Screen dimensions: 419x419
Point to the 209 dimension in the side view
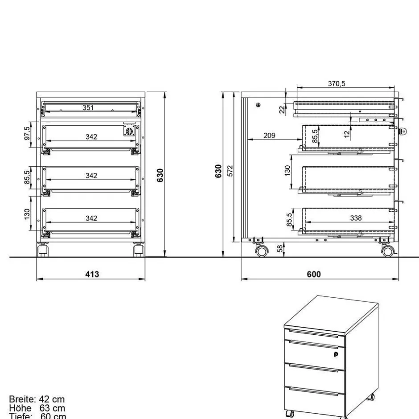pos(269,135)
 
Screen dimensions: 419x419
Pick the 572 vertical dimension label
pos(230,170)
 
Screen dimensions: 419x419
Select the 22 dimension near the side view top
pos(282,109)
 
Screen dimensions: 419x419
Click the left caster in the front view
pos(43,250)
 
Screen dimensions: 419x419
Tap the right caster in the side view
pos(387,251)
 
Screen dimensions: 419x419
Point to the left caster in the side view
pos(261,251)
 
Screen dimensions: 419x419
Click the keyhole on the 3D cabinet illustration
pos(335,354)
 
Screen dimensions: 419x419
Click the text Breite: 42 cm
pos(37,399)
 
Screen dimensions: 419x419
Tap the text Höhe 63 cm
pos(37,408)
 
